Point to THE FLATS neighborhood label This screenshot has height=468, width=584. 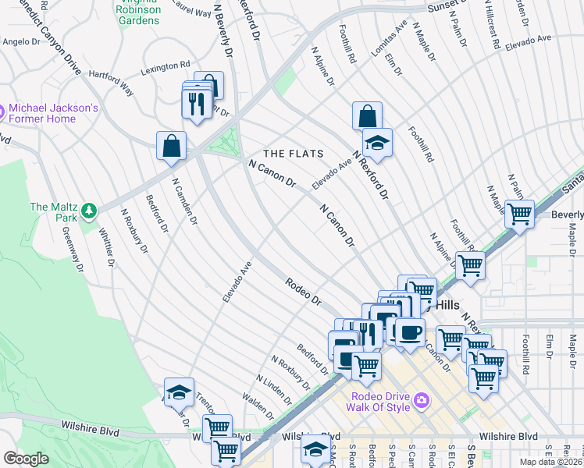(293, 154)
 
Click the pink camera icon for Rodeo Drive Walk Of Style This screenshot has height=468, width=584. (422, 400)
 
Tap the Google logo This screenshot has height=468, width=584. (26, 459)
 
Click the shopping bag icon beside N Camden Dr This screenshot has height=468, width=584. (171, 146)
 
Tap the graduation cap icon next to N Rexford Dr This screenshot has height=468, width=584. (377, 143)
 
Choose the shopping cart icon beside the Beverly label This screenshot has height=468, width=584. (518, 213)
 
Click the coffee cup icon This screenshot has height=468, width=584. (409, 331)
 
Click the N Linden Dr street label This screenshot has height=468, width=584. (280, 381)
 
